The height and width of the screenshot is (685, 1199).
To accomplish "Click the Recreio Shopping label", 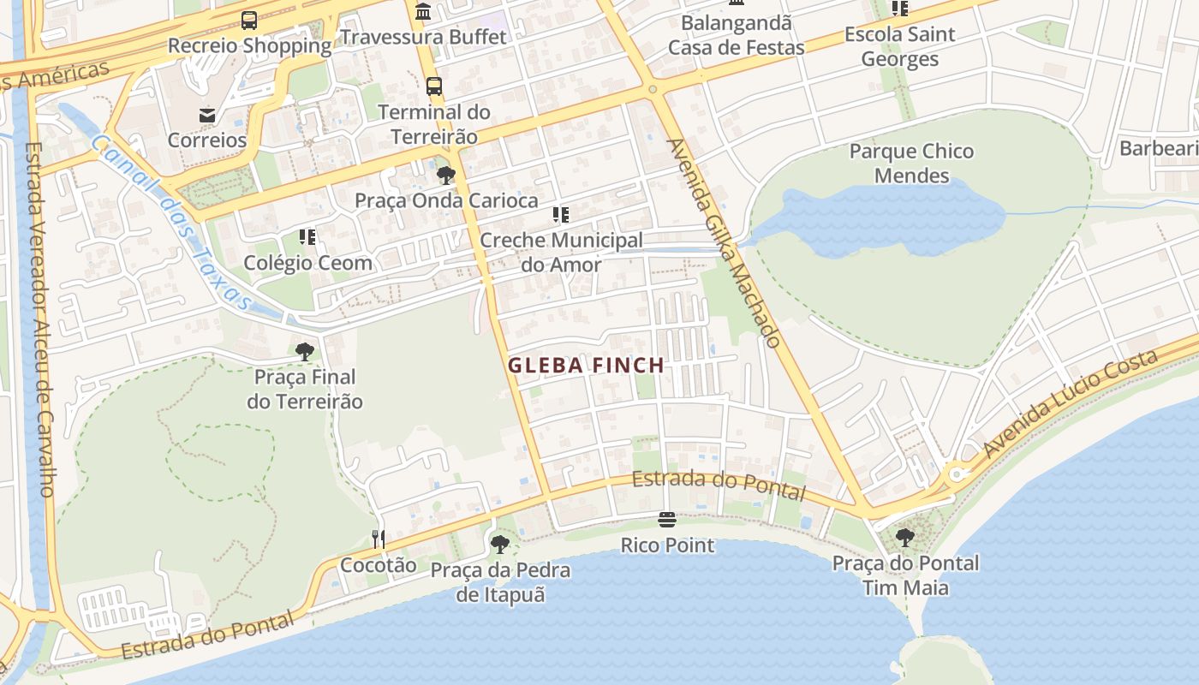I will (x=249, y=45).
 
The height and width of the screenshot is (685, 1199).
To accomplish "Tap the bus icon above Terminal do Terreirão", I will (x=434, y=86).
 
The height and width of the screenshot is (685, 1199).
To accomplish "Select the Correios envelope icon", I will (x=206, y=115).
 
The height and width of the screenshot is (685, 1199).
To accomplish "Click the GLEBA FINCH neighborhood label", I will (x=586, y=366).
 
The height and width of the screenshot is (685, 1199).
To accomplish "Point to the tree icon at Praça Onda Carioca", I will (x=445, y=176).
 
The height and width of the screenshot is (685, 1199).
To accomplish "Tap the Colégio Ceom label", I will (x=308, y=263).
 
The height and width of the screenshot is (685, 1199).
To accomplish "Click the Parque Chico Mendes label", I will (x=911, y=164).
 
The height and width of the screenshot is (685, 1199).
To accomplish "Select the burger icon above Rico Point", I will (x=667, y=519).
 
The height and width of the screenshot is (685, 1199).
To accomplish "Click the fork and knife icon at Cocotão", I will (x=378, y=539).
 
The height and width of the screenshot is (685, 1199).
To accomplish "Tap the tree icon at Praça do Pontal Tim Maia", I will (x=905, y=538).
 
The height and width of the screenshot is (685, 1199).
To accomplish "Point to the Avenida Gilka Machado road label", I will (x=724, y=243).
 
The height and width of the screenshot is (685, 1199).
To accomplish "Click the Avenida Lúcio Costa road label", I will (x=1070, y=402).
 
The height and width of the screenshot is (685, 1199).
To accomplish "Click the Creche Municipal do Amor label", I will (x=561, y=252).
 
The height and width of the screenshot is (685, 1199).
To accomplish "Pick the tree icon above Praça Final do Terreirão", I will (x=304, y=351).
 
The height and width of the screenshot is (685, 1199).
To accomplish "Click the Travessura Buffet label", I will (x=423, y=37).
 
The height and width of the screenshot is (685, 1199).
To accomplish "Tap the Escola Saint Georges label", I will (x=899, y=47).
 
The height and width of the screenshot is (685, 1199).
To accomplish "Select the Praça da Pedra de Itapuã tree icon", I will (x=499, y=544).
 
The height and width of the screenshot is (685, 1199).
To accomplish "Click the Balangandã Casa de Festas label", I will (x=736, y=35).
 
